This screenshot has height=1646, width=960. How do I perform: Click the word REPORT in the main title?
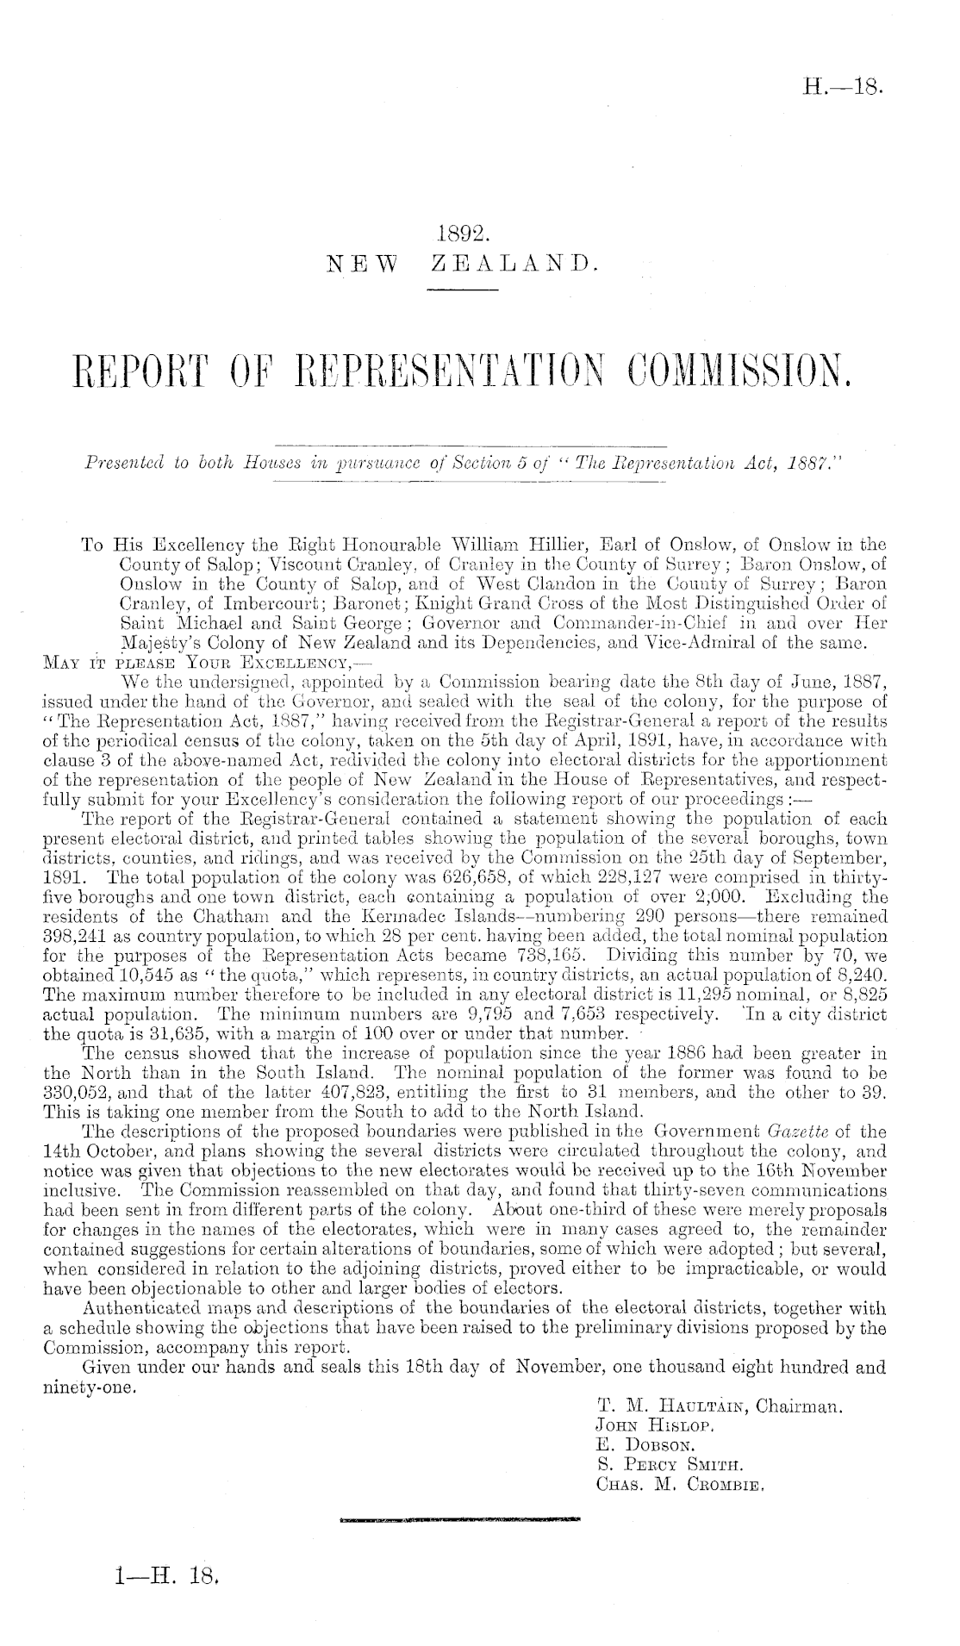(x=168, y=377)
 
